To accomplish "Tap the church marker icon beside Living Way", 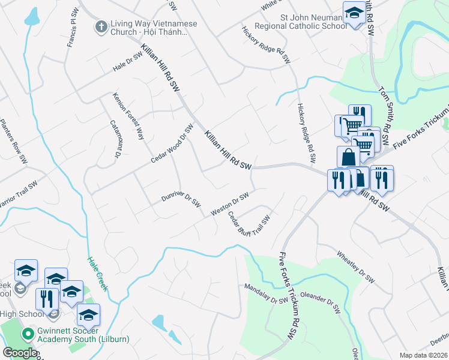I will (x=101, y=26).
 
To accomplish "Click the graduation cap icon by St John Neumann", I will (x=354, y=14).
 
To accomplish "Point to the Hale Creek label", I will (x=97, y=274).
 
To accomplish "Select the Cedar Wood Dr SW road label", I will (x=172, y=144).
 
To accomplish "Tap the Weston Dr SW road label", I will (x=230, y=205).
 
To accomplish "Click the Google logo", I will (x=20, y=353).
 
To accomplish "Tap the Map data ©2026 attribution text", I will (x=423, y=355).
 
